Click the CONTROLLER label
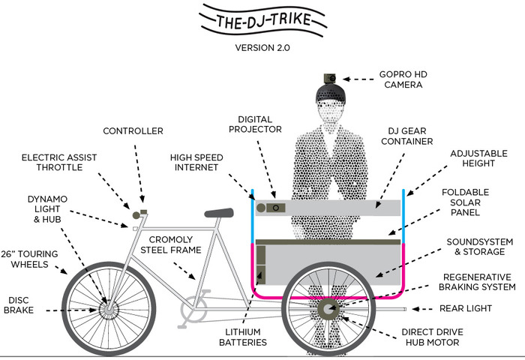(133, 131)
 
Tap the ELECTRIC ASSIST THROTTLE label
(58, 163)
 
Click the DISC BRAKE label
(19, 303)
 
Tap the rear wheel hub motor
(328, 308)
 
